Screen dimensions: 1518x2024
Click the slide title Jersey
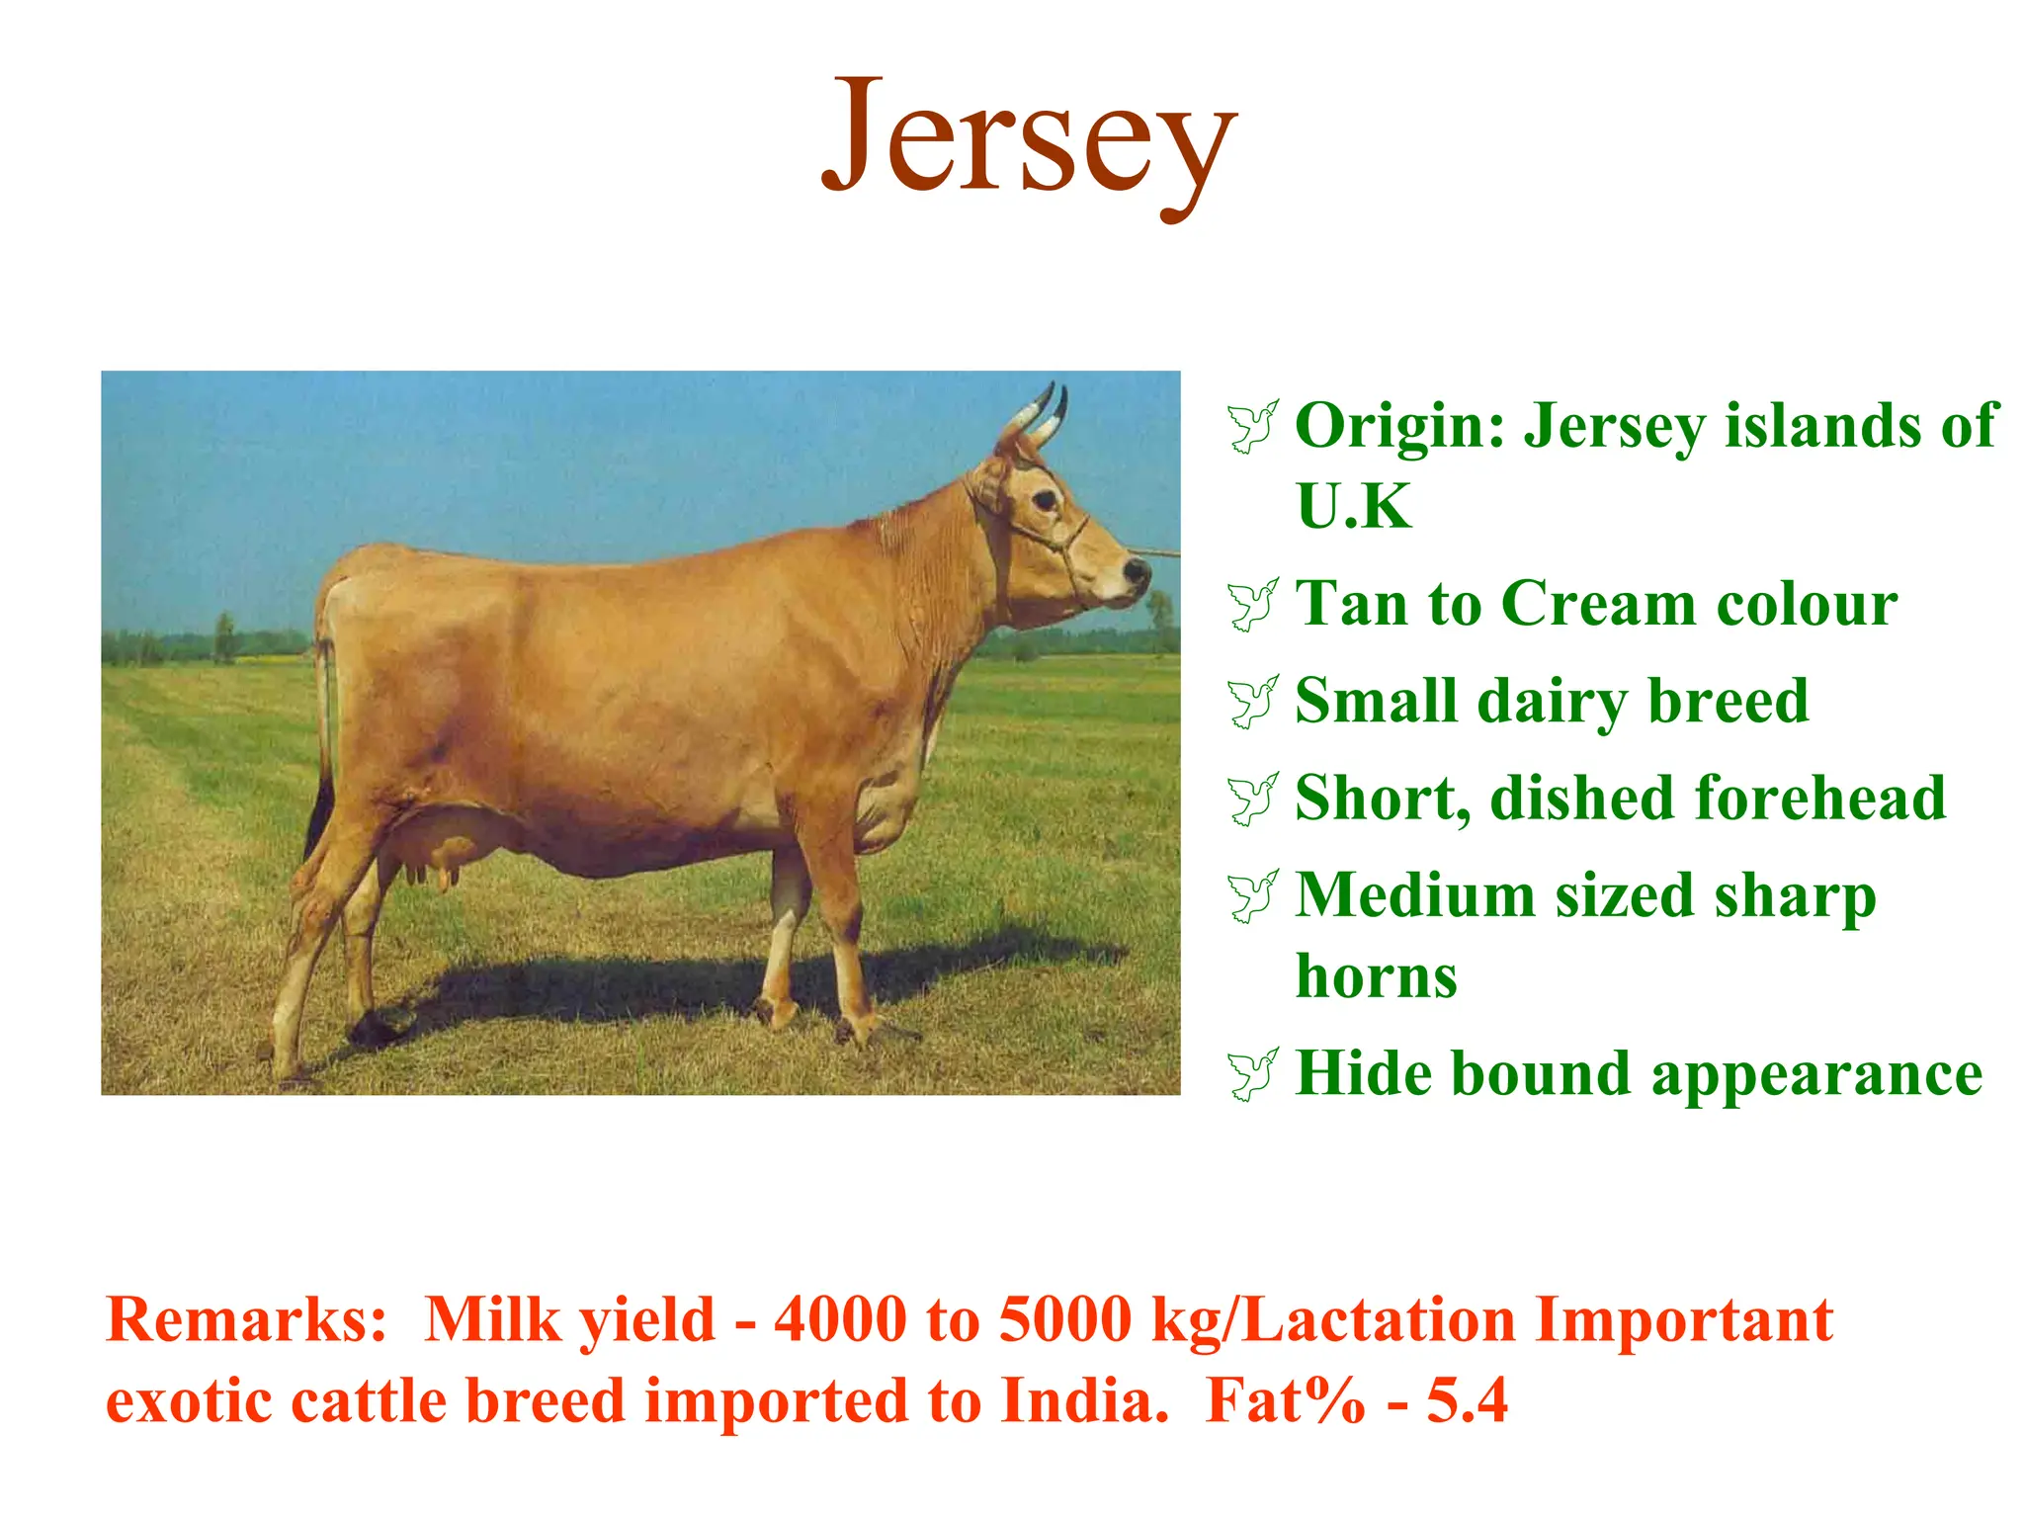[1028, 138]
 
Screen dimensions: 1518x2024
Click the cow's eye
[1045, 500]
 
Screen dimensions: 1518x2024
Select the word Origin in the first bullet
[1400, 427]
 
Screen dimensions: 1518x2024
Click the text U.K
[1354, 507]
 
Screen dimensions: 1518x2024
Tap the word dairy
[1552, 702]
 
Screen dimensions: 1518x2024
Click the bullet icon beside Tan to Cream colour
[1253, 605]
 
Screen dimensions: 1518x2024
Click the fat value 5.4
[1467, 1401]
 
